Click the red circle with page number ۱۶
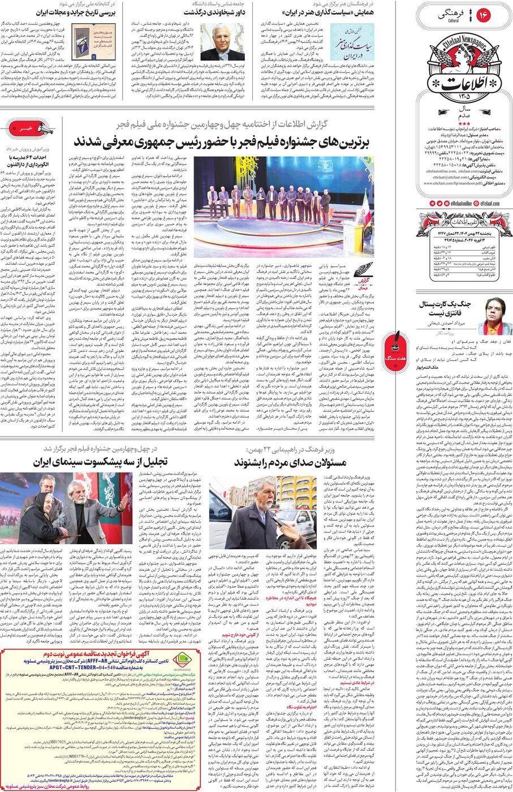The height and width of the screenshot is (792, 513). pyautogui.click(x=485, y=15)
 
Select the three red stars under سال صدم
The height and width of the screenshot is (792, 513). pyautogui.click(x=464, y=123)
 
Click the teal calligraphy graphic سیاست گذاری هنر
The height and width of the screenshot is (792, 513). pyautogui.click(x=352, y=42)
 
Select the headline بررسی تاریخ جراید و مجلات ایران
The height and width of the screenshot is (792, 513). pyautogui.click(x=76, y=12)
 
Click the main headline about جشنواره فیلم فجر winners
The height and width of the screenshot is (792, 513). pyautogui.click(x=229, y=141)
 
